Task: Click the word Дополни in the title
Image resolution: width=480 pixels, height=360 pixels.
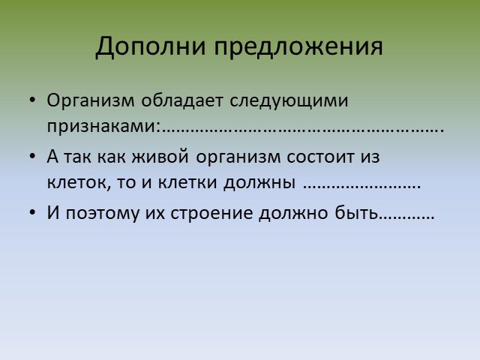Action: (x=150, y=46)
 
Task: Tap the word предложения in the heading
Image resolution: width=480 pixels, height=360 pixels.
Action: (x=298, y=46)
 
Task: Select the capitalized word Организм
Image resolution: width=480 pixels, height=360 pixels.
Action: (x=91, y=100)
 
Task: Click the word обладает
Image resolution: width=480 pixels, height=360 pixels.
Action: (x=181, y=100)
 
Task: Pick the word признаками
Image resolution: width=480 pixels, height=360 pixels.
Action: (x=102, y=125)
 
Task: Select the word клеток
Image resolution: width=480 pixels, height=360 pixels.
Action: (x=76, y=182)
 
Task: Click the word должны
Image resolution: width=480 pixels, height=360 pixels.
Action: (x=259, y=183)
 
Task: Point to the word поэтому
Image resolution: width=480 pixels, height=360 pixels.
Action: (x=102, y=213)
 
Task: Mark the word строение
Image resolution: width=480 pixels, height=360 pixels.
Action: (x=211, y=213)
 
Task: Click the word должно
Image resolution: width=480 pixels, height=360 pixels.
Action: (x=293, y=213)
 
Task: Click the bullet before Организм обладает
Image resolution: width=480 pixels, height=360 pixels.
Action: (x=32, y=100)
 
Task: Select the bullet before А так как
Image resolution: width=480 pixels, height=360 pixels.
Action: (x=32, y=157)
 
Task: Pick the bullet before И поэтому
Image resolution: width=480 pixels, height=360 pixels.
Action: (x=32, y=212)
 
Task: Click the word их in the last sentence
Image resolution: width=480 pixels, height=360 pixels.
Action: (x=154, y=213)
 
